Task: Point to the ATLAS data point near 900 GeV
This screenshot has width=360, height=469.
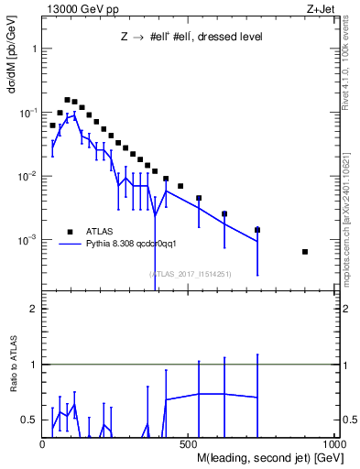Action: point(305,252)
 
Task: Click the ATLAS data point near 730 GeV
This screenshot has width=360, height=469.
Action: point(257,229)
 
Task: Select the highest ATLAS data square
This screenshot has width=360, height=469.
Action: point(67,100)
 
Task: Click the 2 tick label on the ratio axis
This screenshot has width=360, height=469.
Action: point(33,309)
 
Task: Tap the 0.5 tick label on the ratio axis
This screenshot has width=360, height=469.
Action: point(29,420)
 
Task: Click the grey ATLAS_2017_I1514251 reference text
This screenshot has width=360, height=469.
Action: point(189,273)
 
